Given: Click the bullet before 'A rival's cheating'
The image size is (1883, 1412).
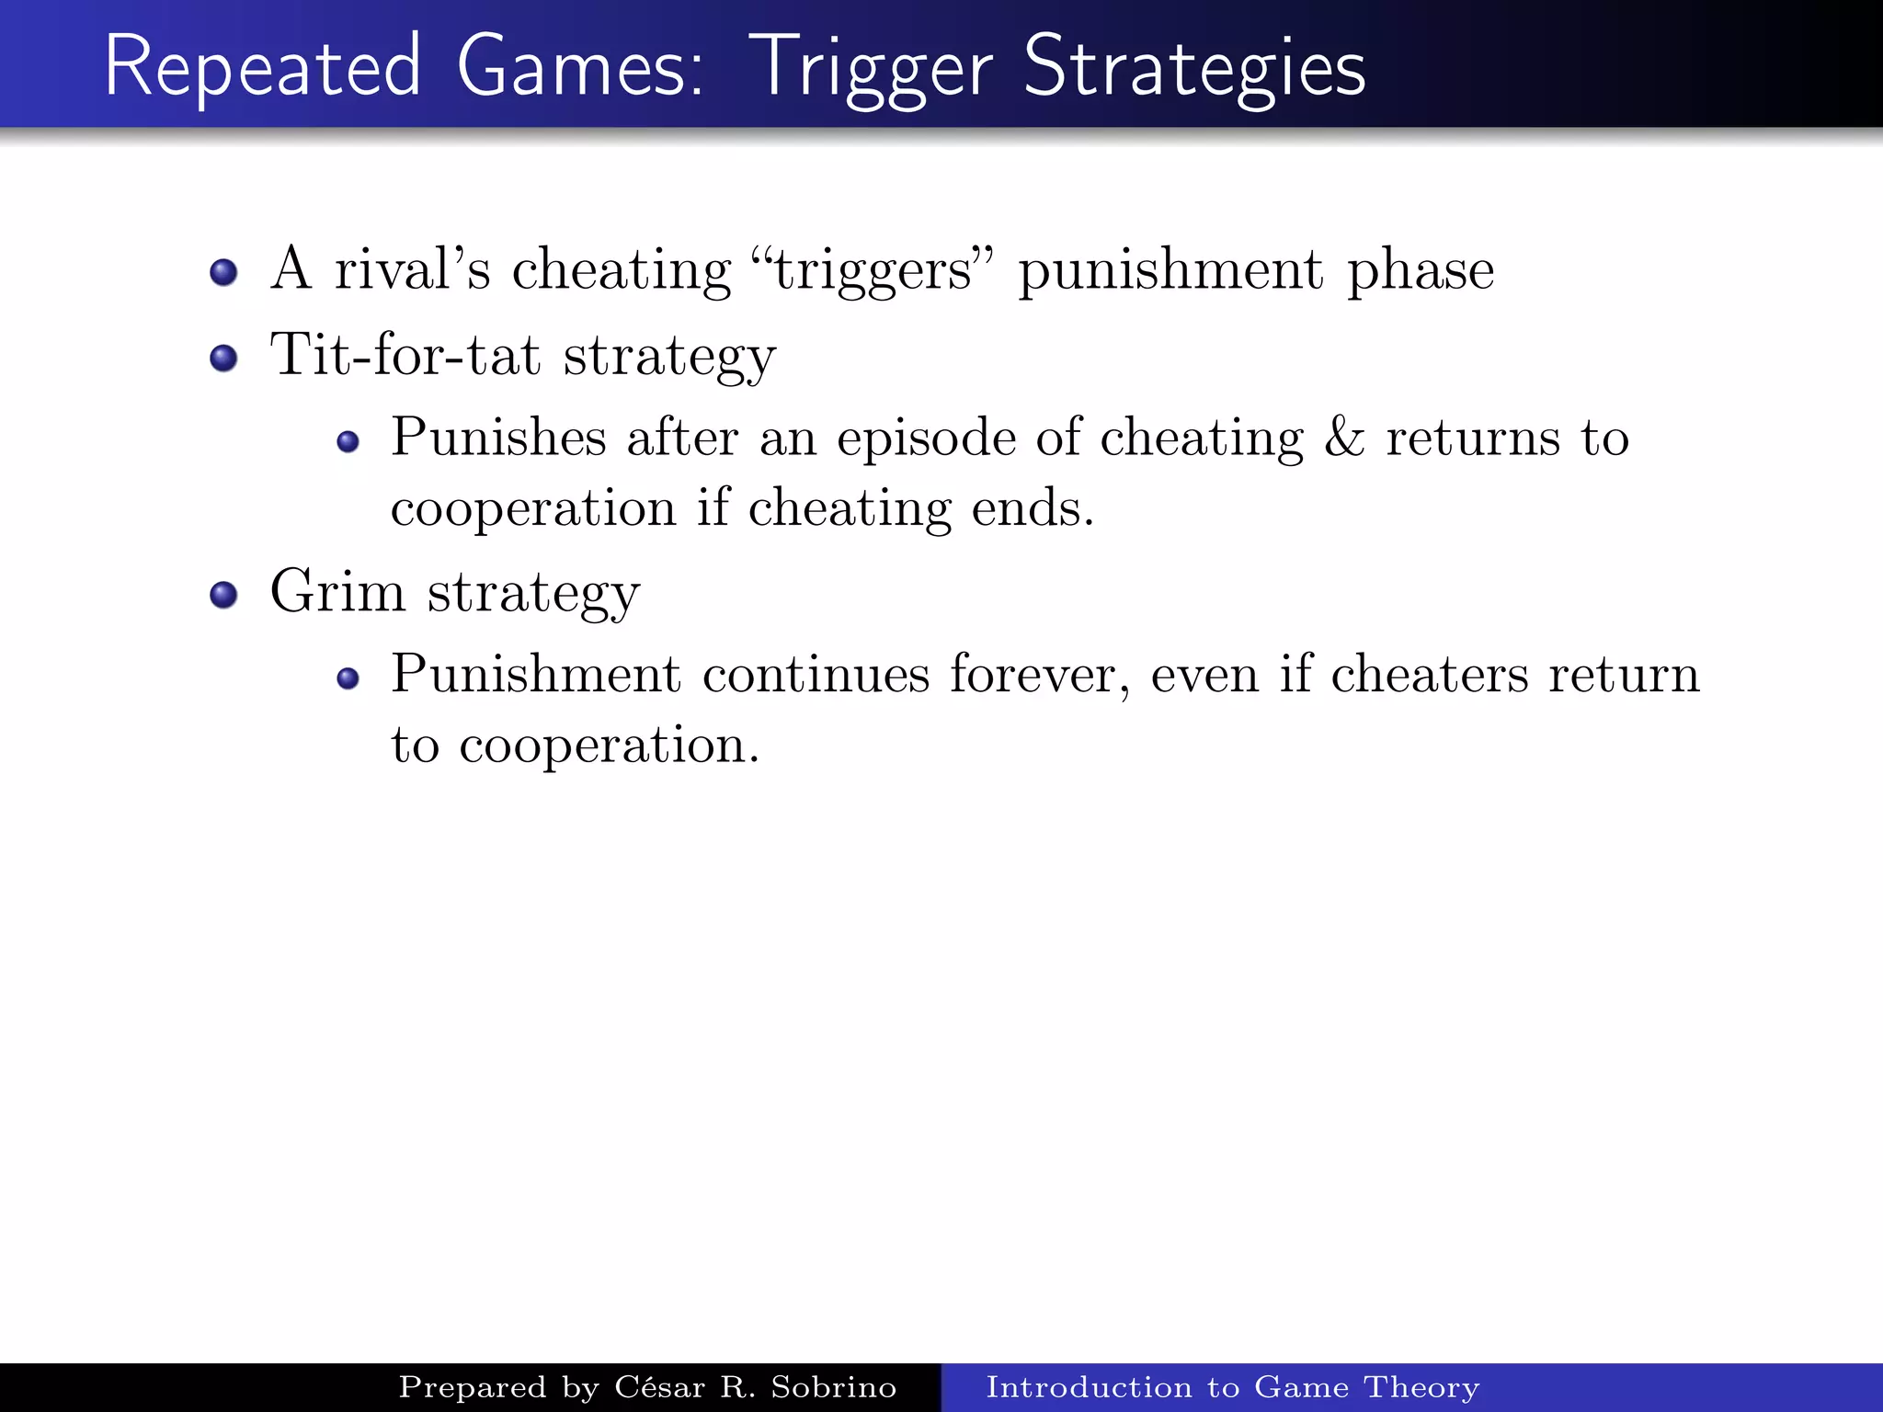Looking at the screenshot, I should [223, 272].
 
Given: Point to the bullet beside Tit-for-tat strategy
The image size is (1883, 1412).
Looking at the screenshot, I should [223, 358].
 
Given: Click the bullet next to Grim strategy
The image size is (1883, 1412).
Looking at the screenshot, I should [223, 595].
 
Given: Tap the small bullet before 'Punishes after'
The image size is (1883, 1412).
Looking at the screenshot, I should [348, 442].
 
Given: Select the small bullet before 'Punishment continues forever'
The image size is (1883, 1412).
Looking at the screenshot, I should [348, 679].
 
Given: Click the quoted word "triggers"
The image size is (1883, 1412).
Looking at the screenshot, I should [873, 270].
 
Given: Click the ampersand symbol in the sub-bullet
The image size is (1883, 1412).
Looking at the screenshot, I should [1344, 438].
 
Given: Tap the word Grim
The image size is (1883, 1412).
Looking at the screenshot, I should [337, 591].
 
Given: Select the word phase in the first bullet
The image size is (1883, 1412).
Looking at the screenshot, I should [1421, 270].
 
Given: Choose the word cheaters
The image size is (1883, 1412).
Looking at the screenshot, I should [1430, 675].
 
